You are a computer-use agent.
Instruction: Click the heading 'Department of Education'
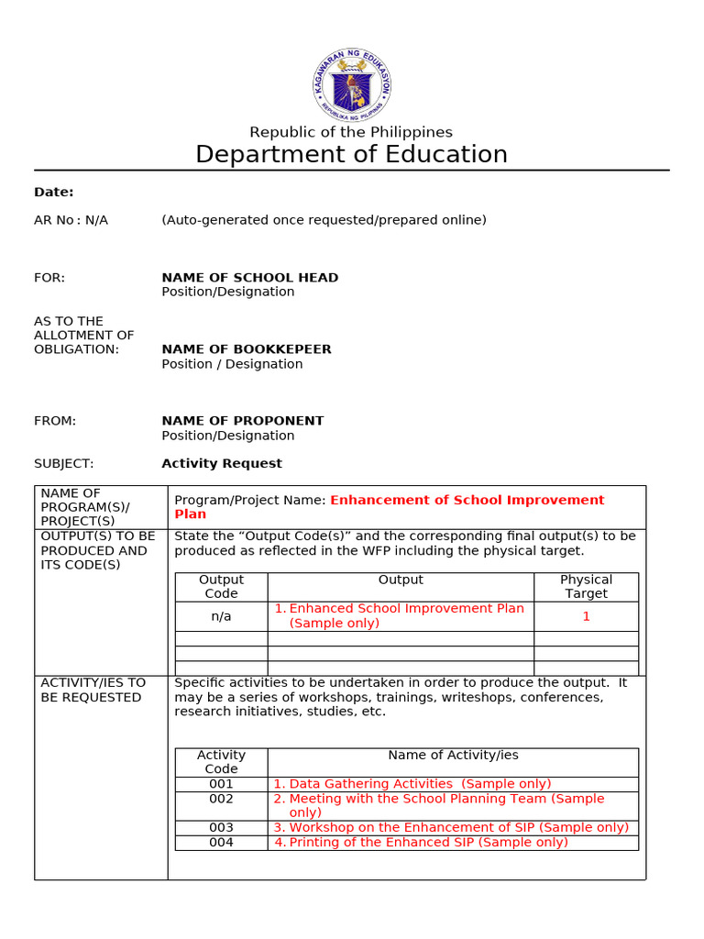pyautogui.click(x=351, y=154)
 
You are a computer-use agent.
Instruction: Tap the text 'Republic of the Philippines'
pyautogui.click(x=351, y=132)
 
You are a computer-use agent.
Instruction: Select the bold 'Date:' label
pyautogui.click(x=54, y=192)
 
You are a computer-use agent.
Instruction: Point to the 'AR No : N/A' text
pyautogui.click(x=71, y=220)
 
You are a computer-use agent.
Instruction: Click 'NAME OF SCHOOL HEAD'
pyautogui.click(x=249, y=277)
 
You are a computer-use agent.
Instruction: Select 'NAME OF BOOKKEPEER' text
pyautogui.click(x=247, y=349)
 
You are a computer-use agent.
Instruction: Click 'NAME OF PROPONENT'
pyautogui.click(x=243, y=421)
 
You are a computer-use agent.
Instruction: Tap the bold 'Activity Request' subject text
pyautogui.click(x=222, y=463)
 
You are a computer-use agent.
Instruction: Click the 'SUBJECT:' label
pyautogui.click(x=63, y=463)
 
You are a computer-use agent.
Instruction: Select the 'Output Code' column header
pyautogui.click(x=221, y=587)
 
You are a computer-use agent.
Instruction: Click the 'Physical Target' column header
pyautogui.click(x=586, y=587)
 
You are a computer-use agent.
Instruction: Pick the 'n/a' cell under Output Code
pyautogui.click(x=221, y=616)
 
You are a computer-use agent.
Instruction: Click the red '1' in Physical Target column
pyautogui.click(x=586, y=616)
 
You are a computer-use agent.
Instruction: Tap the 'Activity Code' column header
pyautogui.click(x=221, y=762)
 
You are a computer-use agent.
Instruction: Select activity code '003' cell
pyautogui.click(x=221, y=827)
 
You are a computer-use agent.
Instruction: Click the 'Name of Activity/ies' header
pyautogui.click(x=453, y=755)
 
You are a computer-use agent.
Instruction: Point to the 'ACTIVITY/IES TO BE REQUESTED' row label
pyautogui.click(x=92, y=690)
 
